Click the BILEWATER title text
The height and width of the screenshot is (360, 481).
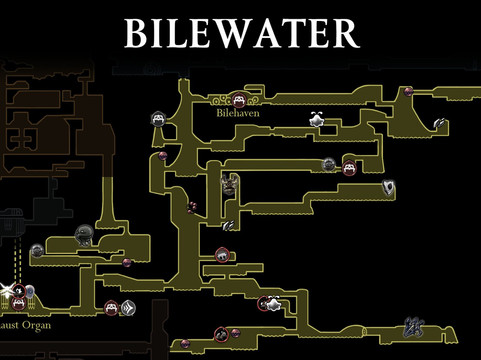240,33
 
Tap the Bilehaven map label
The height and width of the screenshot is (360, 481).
237,114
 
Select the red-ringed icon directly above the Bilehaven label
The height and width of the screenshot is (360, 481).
240,99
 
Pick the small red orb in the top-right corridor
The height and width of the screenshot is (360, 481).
407,92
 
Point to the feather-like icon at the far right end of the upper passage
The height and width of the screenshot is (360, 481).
441,124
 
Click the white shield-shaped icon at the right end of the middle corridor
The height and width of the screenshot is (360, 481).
388,188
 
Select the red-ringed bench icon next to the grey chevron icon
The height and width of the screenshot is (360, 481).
111,308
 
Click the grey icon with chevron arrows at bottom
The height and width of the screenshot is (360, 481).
129,309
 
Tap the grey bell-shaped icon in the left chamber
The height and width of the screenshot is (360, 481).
85,236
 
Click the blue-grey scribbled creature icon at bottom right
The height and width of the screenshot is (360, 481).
411,325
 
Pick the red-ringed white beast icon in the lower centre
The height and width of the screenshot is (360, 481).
267,304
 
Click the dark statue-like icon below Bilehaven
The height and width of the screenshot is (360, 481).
229,185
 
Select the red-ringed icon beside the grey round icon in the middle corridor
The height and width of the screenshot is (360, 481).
349,168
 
